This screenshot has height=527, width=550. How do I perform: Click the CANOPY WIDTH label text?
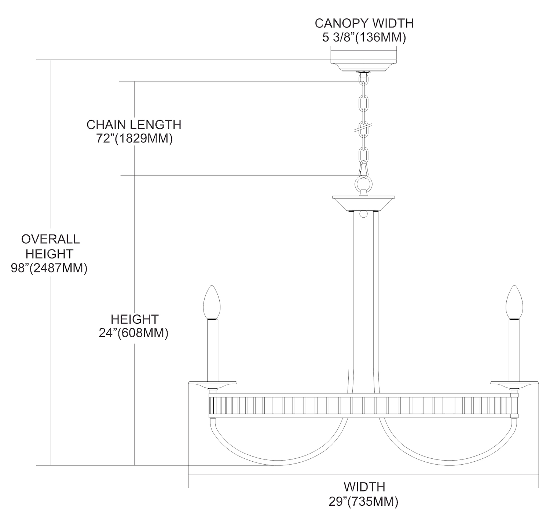point(364,23)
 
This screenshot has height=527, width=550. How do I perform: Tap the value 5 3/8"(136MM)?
point(364,37)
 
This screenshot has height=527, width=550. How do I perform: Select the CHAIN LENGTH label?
point(134,125)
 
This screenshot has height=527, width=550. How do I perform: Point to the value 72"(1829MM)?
point(134,139)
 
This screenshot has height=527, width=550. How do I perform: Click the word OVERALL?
point(50,239)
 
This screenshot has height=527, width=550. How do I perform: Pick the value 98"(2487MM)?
point(49,268)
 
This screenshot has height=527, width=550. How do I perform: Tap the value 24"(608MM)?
point(133,333)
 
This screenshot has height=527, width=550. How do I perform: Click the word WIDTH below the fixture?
point(364,487)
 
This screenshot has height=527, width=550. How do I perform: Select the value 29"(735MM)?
point(363,501)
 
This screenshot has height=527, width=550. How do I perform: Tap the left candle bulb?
point(212,303)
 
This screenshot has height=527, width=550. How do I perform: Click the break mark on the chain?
point(363,128)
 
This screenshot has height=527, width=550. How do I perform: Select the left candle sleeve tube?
point(212,350)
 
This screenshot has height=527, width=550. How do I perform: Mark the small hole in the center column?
point(363,213)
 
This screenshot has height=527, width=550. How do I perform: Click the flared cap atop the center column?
point(363,202)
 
